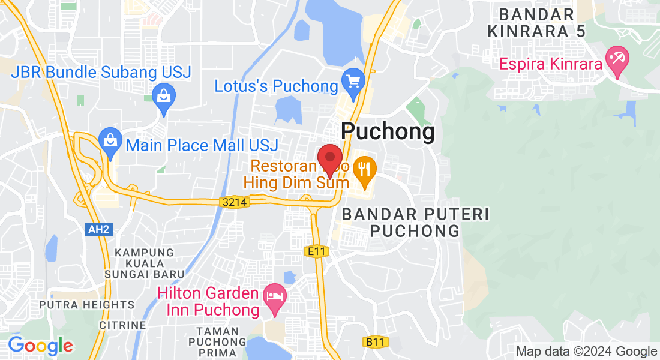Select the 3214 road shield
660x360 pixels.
tap(234, 203)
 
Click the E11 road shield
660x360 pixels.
tap(317, 251)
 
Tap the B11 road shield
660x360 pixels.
tap(376, 342)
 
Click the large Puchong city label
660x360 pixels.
tap(388, 132)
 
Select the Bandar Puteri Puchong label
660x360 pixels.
tap(415, 223)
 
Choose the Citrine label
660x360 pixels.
tap(124, 325)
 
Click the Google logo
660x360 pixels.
tap(40, 346)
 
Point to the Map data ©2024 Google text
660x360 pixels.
tap(587, 352)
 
